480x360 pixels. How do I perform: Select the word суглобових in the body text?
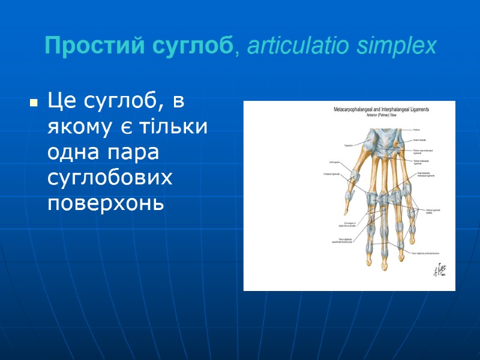110,178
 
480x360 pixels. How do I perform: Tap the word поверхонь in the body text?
106,203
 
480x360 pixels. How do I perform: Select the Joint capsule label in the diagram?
334,162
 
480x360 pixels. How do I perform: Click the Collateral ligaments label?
333,175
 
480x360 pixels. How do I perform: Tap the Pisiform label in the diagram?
418,130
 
